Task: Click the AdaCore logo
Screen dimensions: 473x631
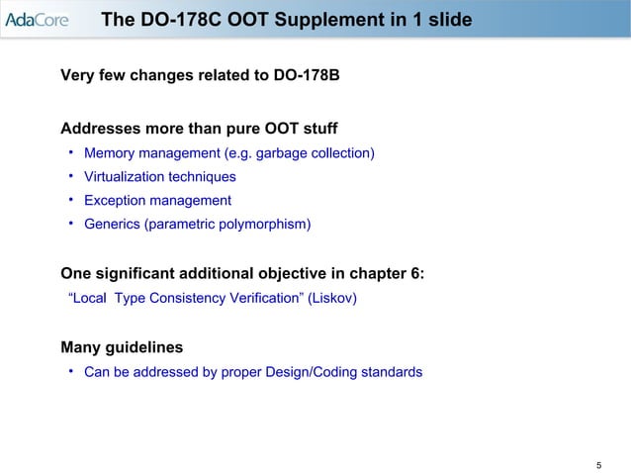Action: click(36, 20)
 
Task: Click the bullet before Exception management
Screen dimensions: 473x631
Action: click(72, 200)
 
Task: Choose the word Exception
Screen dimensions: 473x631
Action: click(117, 201)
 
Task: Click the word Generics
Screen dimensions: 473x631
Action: click(112, 225)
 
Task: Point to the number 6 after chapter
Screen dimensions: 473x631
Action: click(416, 273)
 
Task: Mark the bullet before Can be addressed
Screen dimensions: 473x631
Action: click(72, 371)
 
